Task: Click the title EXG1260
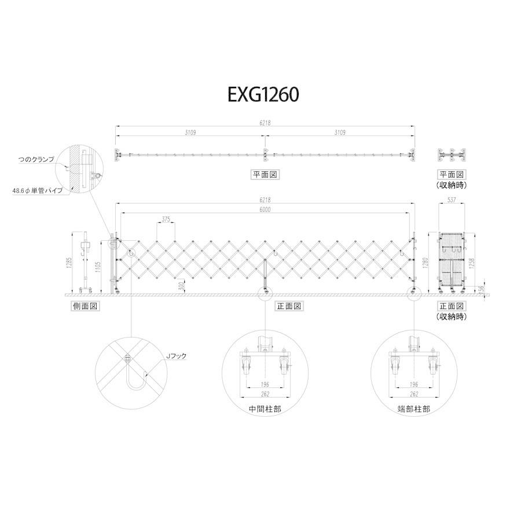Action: pos(263,94)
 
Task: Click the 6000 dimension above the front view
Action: pos(264,210)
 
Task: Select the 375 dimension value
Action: pos(166,219)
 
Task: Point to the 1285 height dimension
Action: pos(69,262)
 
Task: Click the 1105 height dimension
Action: pos(98,266)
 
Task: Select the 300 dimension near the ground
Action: pos(182,286)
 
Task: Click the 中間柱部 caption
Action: pos(263,408)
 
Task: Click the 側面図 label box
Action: pos(82,306)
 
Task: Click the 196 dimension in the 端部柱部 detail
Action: pos(413,383)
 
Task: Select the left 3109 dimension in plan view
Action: pos(190,133)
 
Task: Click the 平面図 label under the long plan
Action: pos(263,174)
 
